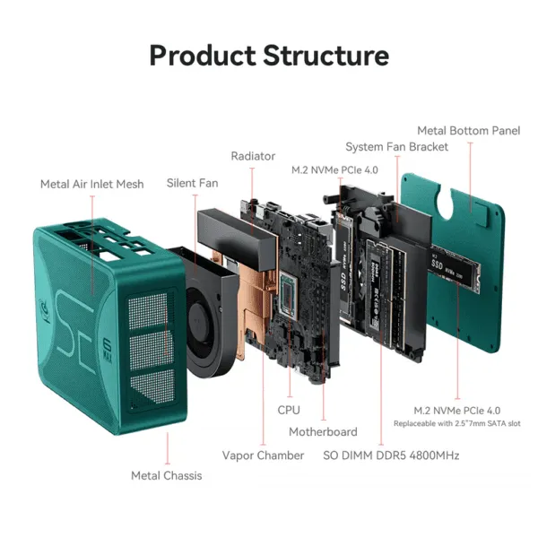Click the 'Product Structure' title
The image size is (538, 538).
pyautogui.click(x=269, y=55)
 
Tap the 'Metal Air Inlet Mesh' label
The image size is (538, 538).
pyautogui.click(x=91, y=184)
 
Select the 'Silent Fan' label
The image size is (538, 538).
pyautogui.click(x=192, y=183)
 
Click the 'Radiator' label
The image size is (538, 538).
pyautogui.click(x=253, y=156)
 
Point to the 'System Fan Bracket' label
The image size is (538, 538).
pyautogui.click(x=396, y=147)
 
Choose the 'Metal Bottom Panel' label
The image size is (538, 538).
pyautogui.click(x=468, y=131)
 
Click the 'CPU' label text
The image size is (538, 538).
pyautogui.click(x=289, y=410)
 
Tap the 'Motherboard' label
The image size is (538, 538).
pyautogui.click(x=323, y=432)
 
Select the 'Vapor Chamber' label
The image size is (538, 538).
pyautogui.click(x=263, y=456)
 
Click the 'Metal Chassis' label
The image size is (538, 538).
pyautogui.click(x=167, y=475)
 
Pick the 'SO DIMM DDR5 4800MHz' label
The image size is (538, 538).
pyautogui.click(x=391, y=456)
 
